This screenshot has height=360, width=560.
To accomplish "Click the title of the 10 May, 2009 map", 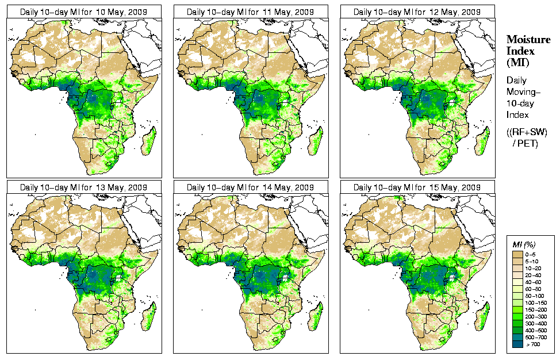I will (x=84, y=12).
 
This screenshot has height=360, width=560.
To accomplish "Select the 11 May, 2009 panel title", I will (x=251, y=12).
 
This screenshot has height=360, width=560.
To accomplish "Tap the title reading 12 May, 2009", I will (x=417, y=12).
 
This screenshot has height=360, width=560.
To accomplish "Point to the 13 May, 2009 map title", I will (x=84, y=187).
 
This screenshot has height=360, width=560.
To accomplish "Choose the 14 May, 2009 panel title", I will (x=251, y=187).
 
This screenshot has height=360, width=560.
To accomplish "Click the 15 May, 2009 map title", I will (x=417, y=187).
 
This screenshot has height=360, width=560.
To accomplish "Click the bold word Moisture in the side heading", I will (x=528, y=39).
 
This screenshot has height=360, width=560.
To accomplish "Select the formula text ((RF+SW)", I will (x=527, y=132).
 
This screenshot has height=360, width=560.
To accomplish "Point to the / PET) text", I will (x=526, y=143).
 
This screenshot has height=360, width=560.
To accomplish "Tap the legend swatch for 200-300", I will (x=517, y=316).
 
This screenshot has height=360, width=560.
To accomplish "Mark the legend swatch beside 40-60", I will (x=517, y=281).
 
